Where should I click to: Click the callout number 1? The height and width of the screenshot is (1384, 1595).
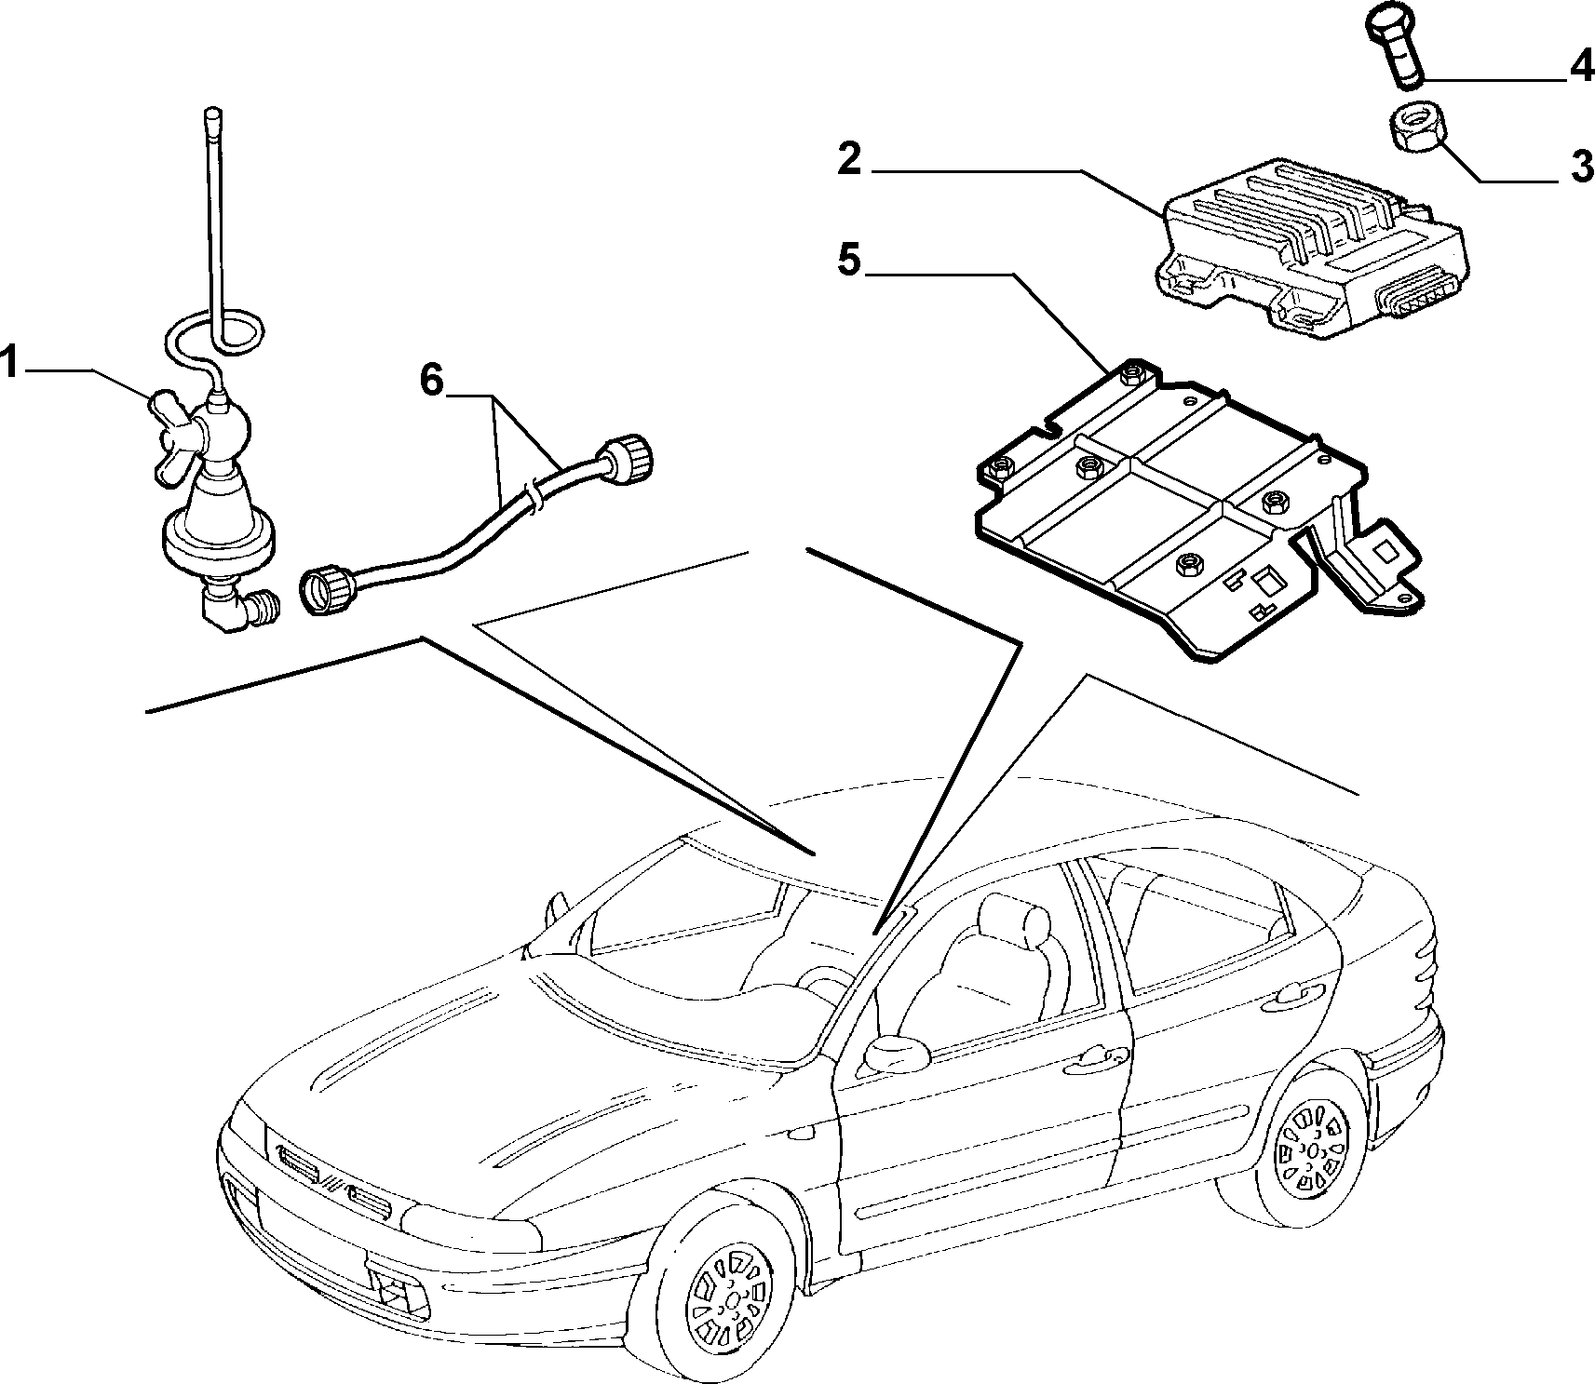[9, 362]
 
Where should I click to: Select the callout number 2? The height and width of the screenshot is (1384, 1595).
[850, 159]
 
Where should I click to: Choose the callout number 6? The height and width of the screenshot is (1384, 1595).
[431, 379]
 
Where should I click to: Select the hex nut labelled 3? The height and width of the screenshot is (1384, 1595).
[1417, 129]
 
